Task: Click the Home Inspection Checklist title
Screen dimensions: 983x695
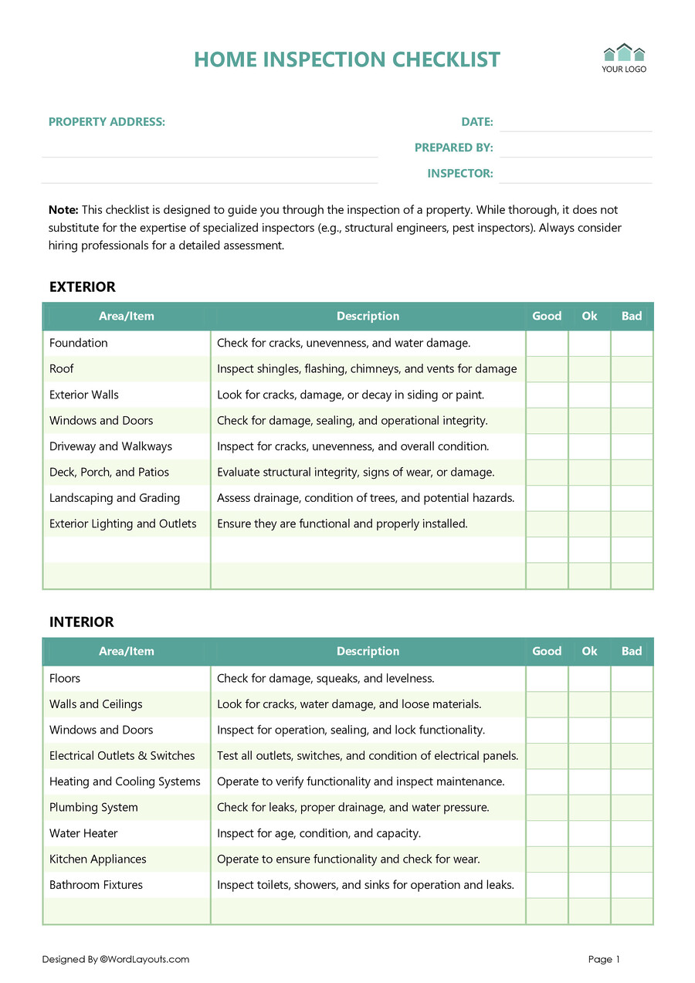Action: pyautogui.click(x=347, y=59)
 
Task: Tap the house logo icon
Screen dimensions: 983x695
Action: pyautogui.click(x=624, y=53)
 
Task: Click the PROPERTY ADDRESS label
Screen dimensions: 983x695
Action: pyautogui.click(x=107, y=122)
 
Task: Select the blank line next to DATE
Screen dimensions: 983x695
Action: pyautogui.click(x=575, y=123)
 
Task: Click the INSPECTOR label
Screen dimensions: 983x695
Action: pyautogui.click(x=460, y=174)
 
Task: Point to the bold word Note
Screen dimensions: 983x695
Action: pyautogui.click(x=63, y=210)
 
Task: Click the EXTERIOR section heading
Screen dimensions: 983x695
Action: pyautogui.click(x=82, y=287)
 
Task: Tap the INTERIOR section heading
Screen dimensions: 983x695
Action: pyautogui.click(x=81, y=622)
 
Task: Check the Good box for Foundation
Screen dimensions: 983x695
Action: pyautogui.click(x=547, y=344)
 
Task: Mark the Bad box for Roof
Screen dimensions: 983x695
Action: pyautogui.click(x=632, y=369)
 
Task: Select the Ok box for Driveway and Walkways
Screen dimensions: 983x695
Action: pyautogui.click(x=589, y=446)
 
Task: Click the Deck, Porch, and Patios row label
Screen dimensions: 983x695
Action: pyautogui.click(x=109, y=473)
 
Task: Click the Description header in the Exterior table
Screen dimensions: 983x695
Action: pyautogui.click(x=368, y=317)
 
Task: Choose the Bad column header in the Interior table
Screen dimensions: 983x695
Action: pyautogui.click(x=632, y=652)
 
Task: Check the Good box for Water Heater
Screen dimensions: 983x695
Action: pyautogui.click(x=547, y=834)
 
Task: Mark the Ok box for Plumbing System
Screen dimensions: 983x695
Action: pyautogui.click(x=589, y=808)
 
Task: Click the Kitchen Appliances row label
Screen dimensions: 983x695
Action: pyautogui.click(x=97, y=859)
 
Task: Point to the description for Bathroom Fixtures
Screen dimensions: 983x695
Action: pyautogui.click(x=365, y=885)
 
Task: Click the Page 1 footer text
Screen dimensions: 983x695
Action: pyautogui.click(x=604, y=960)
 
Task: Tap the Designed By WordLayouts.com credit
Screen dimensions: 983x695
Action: pyautogui.click(x=116, y=960)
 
